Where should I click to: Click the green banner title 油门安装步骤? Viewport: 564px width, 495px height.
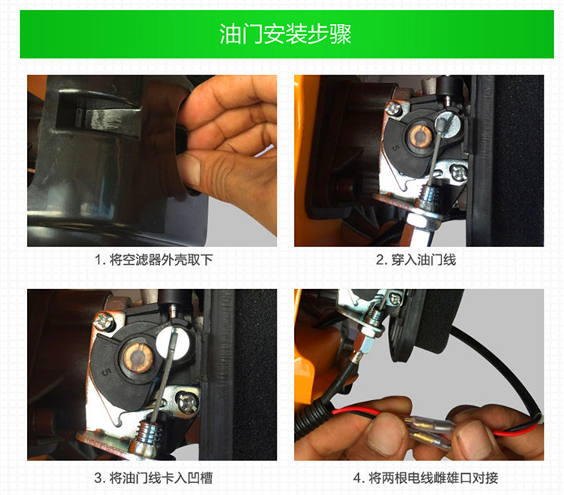tap(285, 35)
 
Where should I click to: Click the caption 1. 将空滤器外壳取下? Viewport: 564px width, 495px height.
tap(154, 260)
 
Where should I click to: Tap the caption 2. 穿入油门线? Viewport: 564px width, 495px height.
tap(416, 260)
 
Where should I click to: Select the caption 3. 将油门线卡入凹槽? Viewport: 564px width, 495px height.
tap(153, 478)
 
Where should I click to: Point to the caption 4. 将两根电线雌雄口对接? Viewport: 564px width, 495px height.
tap(426, 478)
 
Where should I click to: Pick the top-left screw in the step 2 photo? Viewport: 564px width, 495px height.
tap(393, 108)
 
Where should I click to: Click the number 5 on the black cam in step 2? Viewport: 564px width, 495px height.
tap(396, 147)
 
